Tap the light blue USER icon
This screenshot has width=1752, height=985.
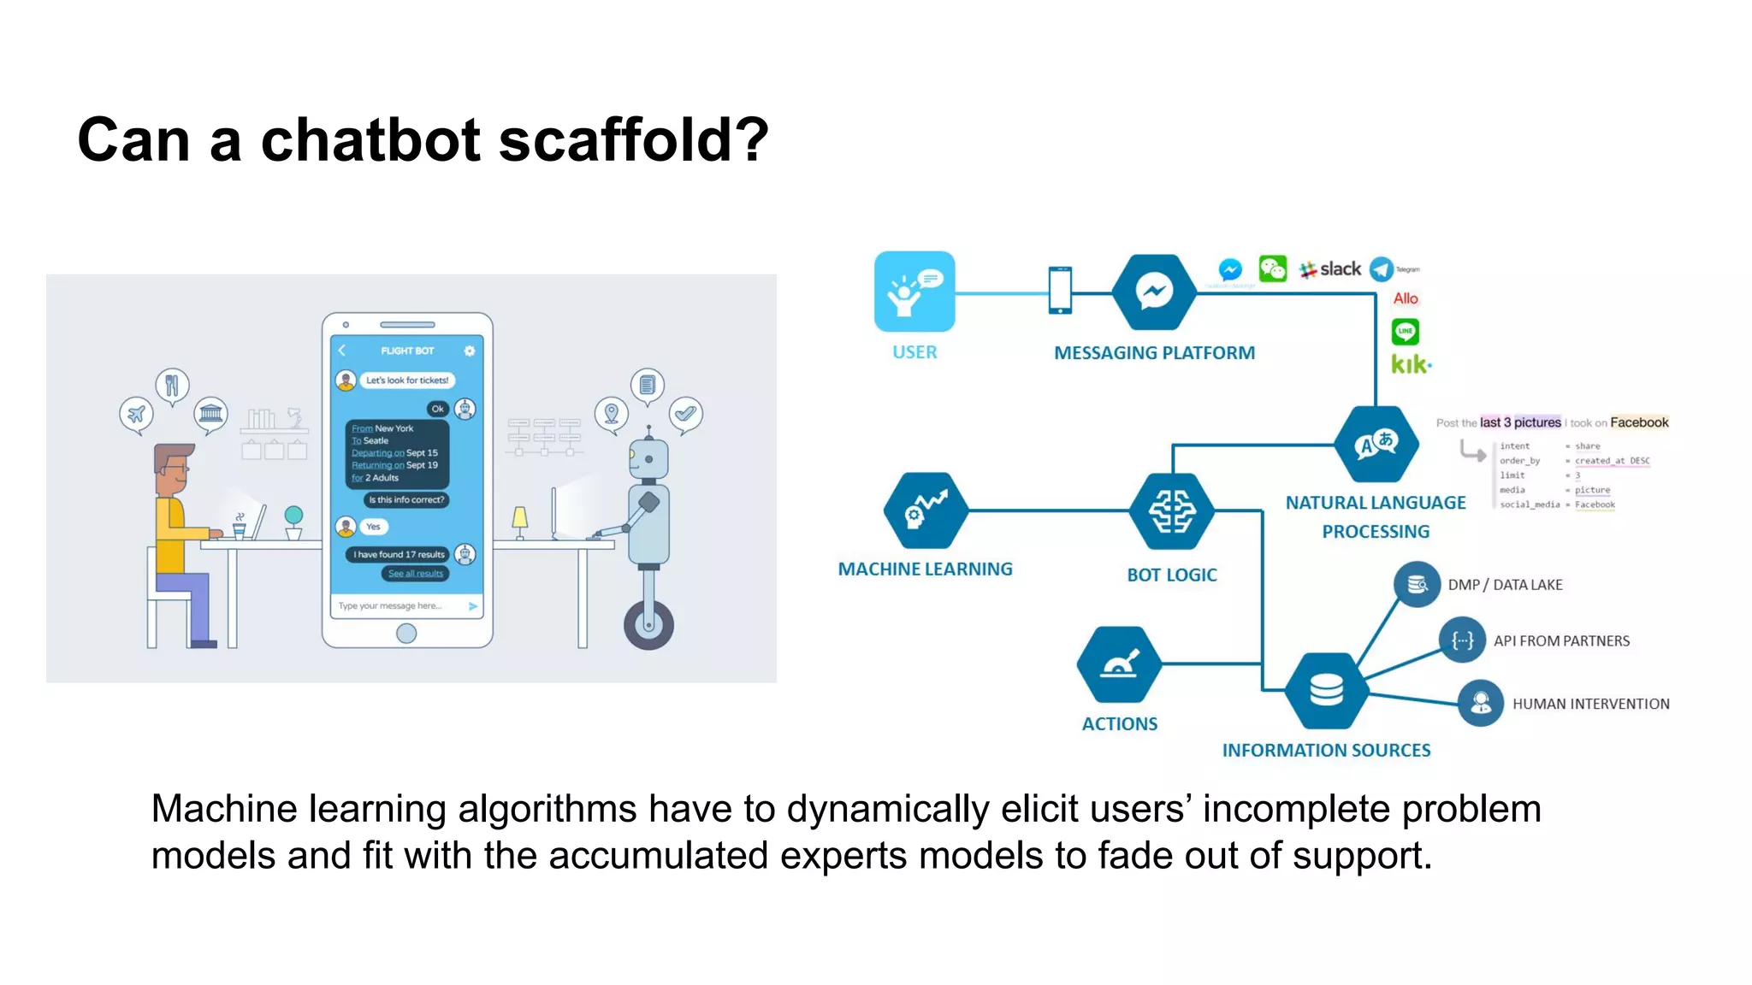tap(914, 292)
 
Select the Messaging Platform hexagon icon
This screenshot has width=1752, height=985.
tap(1153, 292)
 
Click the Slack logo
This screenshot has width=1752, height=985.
tap(1330, 269)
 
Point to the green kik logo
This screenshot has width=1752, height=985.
tap(1410, 364)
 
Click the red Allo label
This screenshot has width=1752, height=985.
tap(1406, 298)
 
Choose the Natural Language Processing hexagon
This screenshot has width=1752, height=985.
tap(1376, 445)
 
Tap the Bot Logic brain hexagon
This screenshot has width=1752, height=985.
tap(1171, 511)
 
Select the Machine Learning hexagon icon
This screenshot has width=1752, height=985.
tap(926, 510)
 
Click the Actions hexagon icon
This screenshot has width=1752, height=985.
tap(1119, 664)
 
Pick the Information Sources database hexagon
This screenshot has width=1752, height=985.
tap(1326, 690)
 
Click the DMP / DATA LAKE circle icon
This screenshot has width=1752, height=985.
tap(1417, 585)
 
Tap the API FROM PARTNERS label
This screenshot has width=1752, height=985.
tap(1561, 641)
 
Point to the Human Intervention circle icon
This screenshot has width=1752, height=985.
tap(1480, 704)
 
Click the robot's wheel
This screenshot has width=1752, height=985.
tap(648, 625)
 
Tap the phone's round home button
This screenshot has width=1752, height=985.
tap(406, 634)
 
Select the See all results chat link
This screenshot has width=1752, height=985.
tap(416, 574)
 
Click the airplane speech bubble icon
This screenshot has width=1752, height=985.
tap(136, 415)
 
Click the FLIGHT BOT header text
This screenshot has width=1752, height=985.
tap(407, 351)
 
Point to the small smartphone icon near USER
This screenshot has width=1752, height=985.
tap(1059, 291)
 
